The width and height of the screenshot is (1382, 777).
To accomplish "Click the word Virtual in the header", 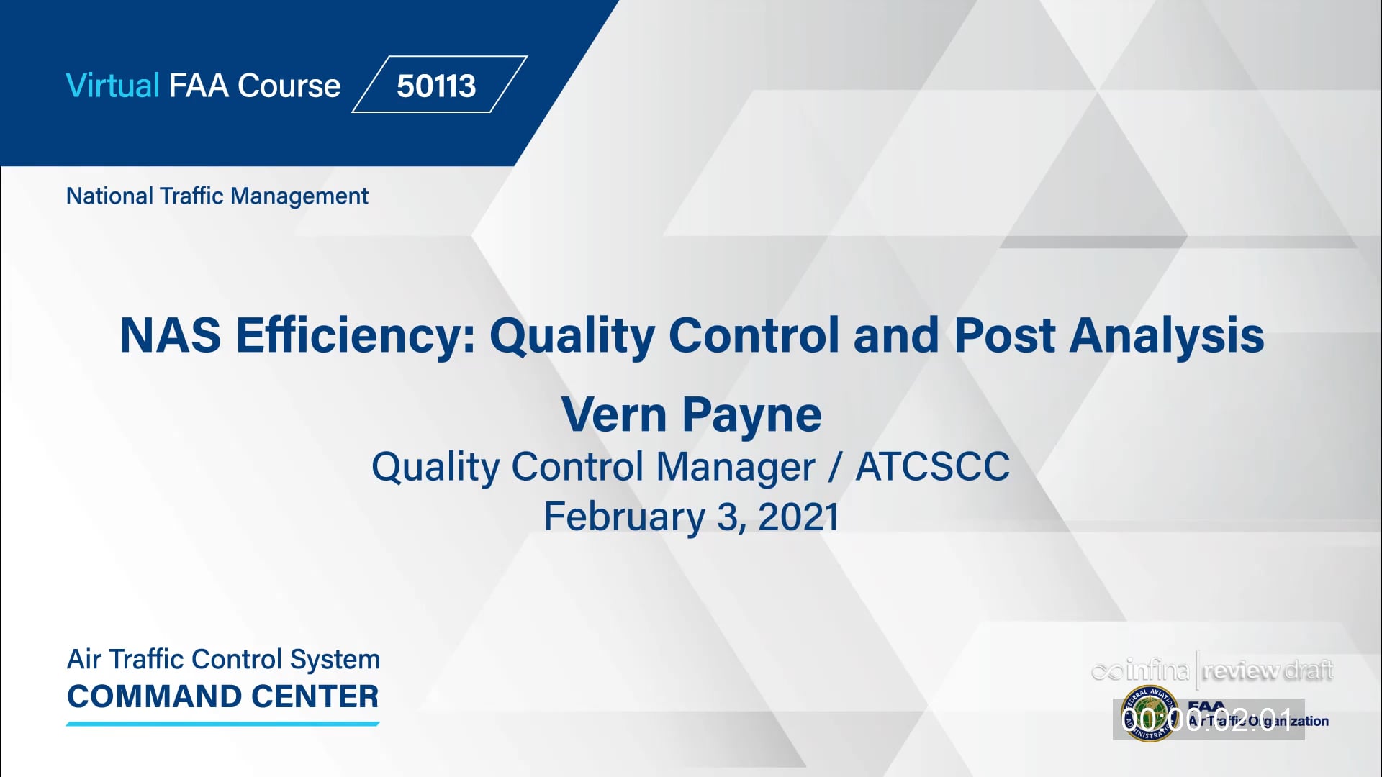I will [112, 86].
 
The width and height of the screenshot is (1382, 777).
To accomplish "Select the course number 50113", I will [436, 86].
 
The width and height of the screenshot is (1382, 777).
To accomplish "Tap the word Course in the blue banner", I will [289, 86].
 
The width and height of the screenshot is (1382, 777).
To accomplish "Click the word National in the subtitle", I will [109, 196].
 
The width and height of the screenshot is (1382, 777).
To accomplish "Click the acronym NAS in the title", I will [170, 335].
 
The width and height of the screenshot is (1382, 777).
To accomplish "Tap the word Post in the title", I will [1004, 335].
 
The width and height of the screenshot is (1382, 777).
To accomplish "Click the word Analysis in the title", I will [1166, 335].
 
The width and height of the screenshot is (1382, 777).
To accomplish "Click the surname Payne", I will [751, 416].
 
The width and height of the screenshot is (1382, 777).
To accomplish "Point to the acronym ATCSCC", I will [932, 466].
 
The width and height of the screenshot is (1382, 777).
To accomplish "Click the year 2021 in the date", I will [798, 517].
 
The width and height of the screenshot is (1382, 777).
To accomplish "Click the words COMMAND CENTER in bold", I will [223, 696].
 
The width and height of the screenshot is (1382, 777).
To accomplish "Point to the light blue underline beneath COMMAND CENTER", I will [223, 724].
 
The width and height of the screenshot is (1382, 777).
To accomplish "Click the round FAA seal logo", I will [1150, 714].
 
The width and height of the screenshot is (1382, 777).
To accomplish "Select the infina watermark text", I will [1142, 671].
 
